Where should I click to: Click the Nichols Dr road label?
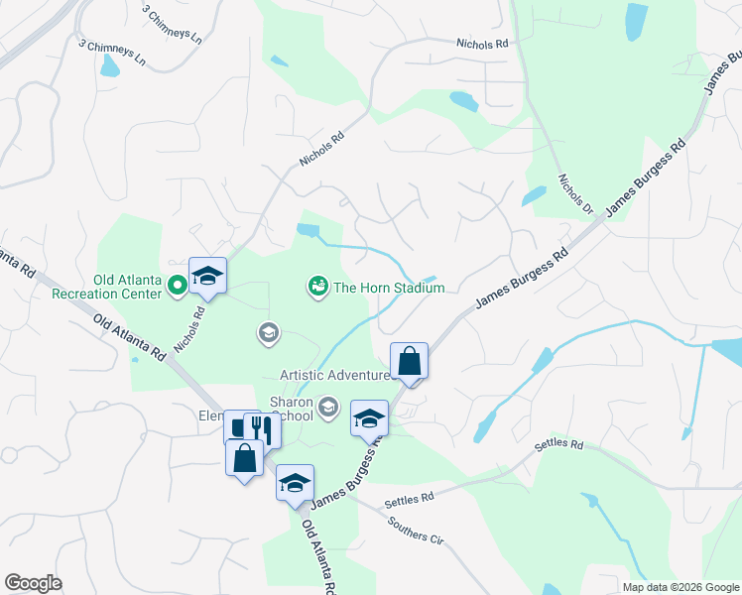point(574,195)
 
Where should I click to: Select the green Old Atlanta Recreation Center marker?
point(178,288)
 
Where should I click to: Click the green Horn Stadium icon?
point(318,288)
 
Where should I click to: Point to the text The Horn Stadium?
point(389,289)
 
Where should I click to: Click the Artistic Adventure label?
point(334,375)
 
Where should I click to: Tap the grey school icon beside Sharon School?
point(328,406)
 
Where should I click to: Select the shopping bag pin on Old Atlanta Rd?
point(245,458)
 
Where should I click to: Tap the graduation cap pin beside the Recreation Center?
point(207,276)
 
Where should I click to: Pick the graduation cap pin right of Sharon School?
point(369,417)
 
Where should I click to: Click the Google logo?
point(33,583)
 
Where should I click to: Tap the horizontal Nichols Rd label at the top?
point(482,44)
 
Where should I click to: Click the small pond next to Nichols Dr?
point(534,195)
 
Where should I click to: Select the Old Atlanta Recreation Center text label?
point(126,288)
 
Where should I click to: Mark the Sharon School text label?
point(293,410)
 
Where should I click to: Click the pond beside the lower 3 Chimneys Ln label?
point(109,66)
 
